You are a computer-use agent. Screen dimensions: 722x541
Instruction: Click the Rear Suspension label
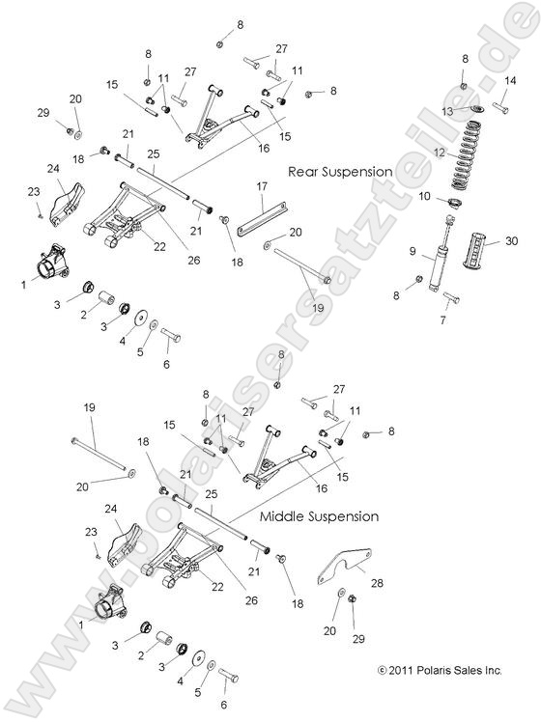pyautogui.click(x=340, y=172)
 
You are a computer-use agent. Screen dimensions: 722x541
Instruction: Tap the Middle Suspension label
pyautogui.click(x=319, y=516)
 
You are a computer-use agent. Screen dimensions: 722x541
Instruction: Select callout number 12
pyautogui.click(x=439, y=152)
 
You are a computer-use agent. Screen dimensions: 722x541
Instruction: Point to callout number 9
pyautogui.click(x=413, y=252)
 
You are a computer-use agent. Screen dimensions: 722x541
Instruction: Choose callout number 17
pyautogui.click(x=261, y=184)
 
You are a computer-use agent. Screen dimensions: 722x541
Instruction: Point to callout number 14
pyautogui.click(x=509, y=82)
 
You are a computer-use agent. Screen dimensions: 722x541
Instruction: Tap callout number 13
pyautogui.click(x=446, y=111)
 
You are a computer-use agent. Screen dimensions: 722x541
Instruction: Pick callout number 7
pyautogui.click(x=445, y=319)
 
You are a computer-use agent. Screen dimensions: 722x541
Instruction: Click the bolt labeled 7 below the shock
pyautogui.click(x=451, y=297)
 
